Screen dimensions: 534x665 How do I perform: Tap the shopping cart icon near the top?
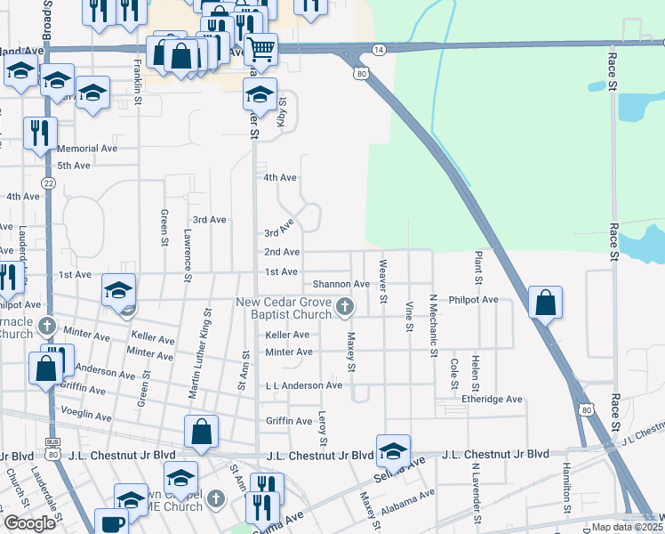point(261,48)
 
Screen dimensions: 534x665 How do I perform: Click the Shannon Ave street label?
point(341,284)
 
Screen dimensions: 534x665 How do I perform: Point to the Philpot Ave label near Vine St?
point(474,300)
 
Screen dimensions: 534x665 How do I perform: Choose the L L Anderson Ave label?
point(303,385)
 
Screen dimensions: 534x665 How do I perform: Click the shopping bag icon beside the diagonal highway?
point(545,303)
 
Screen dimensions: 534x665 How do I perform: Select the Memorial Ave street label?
point(87,149)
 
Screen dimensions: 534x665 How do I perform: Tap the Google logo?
point(30,523)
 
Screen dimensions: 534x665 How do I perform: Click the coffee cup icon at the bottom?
point(113,523)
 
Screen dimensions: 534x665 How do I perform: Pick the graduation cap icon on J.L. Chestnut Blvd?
point(393,449)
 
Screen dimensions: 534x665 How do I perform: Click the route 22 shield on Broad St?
point(48,182)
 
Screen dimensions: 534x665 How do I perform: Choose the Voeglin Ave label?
point(85,416)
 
